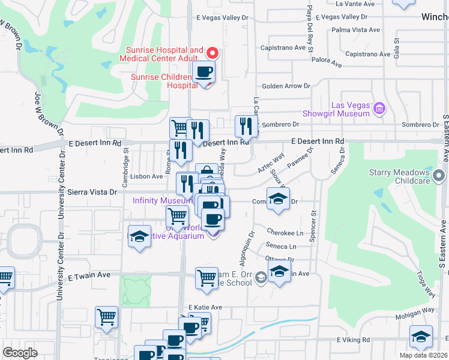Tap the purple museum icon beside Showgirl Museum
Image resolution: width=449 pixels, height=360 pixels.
379,109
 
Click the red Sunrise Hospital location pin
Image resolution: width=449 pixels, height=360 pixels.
211,53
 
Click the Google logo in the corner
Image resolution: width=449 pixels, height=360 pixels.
20,353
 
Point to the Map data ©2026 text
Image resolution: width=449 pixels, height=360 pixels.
423,355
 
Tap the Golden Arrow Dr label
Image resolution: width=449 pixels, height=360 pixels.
285,86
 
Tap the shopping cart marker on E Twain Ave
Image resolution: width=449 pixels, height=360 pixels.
206,278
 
